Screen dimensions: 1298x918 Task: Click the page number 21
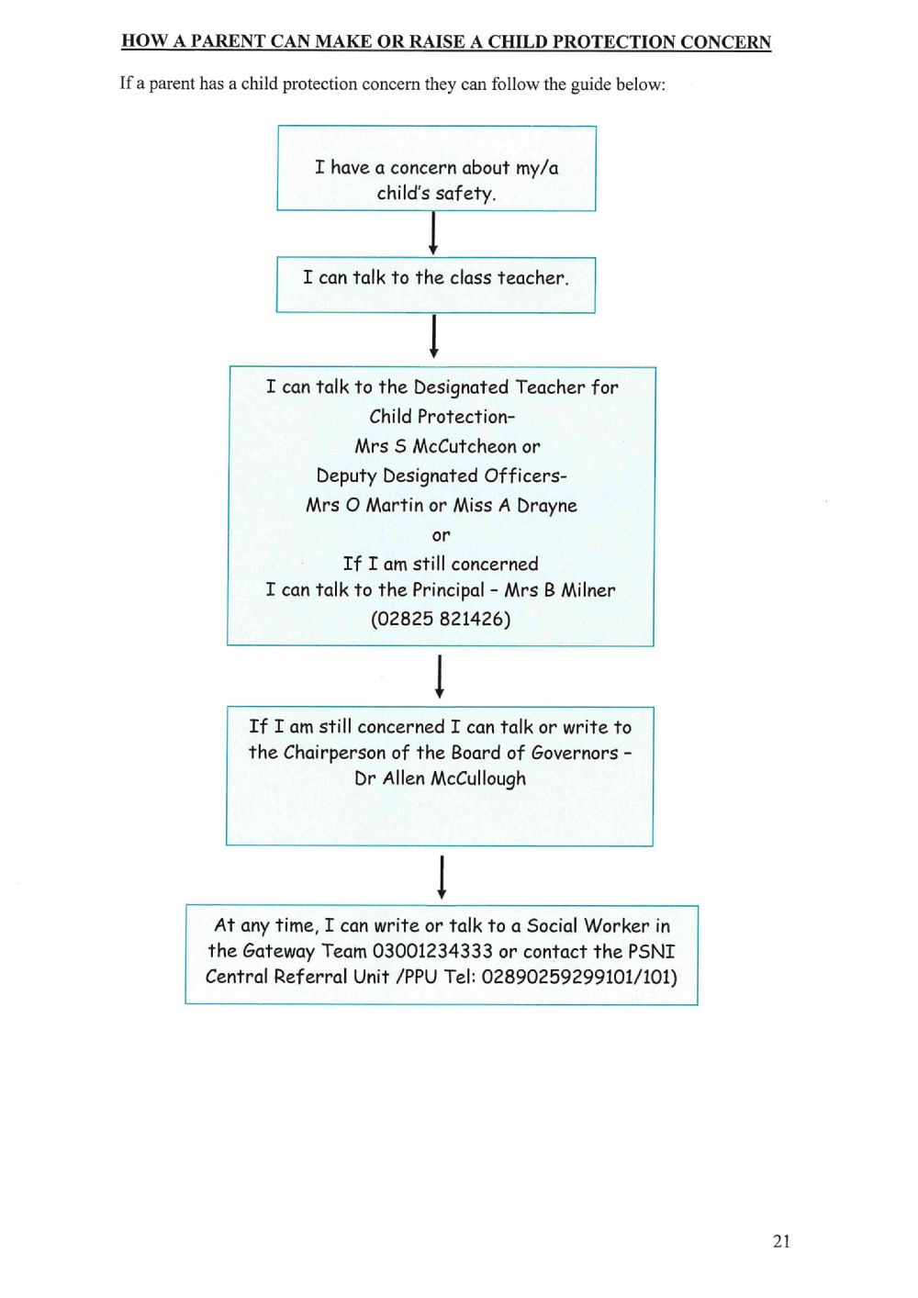point(781,1241)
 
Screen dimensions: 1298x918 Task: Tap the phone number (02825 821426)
point(441,619)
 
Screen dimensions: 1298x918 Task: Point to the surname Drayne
point(547,506)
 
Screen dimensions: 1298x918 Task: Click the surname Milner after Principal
point(588,590)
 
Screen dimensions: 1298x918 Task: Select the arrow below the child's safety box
point(433,233)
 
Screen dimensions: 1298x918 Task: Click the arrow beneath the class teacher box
point(434,336)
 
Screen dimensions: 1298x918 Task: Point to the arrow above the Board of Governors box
point(440,677)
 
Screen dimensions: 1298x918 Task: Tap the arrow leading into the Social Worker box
point(442,877)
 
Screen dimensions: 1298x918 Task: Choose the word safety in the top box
point(465,194)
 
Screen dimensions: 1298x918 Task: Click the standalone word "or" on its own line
point(442,535)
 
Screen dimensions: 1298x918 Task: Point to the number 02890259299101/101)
point(579,977)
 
